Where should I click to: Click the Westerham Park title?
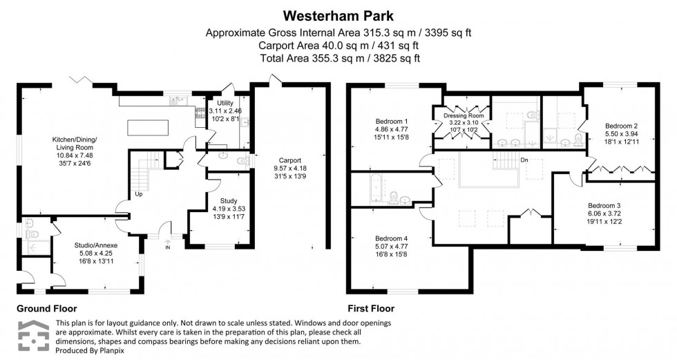338,14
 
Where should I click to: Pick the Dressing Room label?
461,115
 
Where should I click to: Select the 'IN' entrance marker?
167,247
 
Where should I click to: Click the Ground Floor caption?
47,309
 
